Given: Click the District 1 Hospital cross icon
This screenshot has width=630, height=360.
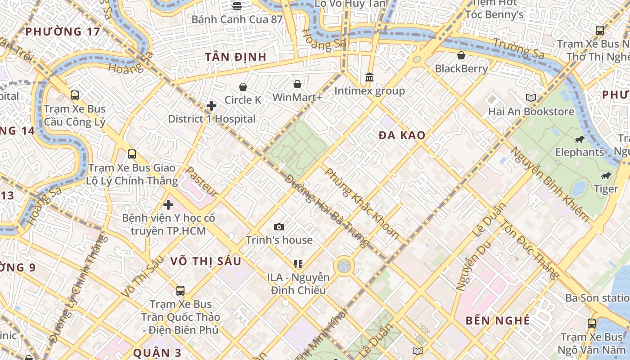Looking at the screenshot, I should [211, 106].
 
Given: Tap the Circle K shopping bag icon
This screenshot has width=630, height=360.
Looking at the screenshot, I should [243, 86].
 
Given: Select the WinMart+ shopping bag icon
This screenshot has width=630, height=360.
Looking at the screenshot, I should [297, 84].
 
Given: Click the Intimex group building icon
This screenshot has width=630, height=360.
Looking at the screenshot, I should [369, 77].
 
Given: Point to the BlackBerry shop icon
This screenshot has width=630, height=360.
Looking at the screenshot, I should [461, 55].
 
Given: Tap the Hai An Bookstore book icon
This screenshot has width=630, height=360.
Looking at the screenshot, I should [531, 98].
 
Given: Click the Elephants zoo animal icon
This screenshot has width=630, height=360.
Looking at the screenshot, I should [580, 139].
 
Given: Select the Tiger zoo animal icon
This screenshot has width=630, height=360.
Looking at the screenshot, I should [606, 175].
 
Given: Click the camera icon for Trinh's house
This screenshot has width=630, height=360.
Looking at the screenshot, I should [279, 227].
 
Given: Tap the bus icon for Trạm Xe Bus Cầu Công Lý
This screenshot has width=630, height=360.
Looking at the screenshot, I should [75, 95].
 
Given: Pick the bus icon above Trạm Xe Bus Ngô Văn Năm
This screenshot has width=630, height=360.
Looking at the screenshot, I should [591, 323].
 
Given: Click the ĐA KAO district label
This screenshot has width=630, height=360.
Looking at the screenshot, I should [402, 135].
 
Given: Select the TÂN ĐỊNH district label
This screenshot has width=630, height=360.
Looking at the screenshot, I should [236, 57].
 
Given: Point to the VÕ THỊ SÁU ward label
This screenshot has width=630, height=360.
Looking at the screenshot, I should [206, 261].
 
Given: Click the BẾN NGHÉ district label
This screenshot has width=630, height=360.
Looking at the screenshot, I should [497, 320].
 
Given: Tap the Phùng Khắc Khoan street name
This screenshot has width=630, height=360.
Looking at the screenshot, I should [362, 203].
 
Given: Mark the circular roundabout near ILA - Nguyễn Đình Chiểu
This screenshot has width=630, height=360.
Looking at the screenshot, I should [344, 265].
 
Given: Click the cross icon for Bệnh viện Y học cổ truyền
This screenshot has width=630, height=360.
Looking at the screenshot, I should [168, 205].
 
